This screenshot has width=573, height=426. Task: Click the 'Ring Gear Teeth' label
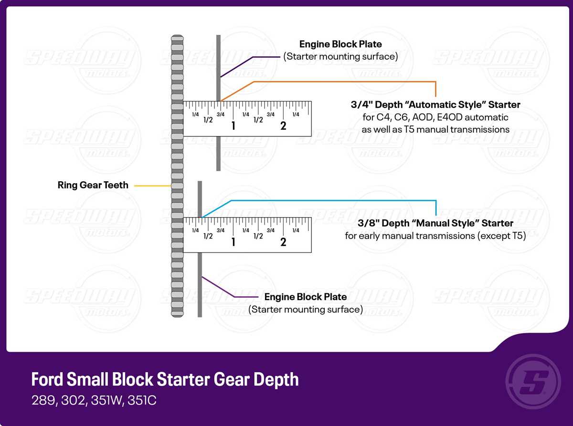tap(93, 185)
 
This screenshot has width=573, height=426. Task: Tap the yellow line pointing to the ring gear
tap(153, 186)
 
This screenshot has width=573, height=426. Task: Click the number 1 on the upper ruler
tap(233, 126)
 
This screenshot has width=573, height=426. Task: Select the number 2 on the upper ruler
tap(283, 126)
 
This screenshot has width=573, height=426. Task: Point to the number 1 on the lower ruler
tap(233, 242)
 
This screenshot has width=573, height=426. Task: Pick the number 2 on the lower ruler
tap(283, 242)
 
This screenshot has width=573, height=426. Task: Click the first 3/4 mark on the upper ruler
tap(221, 114)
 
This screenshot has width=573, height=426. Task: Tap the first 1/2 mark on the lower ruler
tap(208, 236)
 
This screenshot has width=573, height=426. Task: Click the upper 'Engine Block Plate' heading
tap(340, 44)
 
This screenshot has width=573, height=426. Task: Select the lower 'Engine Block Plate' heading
tap(305, 297)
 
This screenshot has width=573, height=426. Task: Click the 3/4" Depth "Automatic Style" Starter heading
tap(435, 104)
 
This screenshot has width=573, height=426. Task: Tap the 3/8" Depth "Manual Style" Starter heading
tap(435, 223)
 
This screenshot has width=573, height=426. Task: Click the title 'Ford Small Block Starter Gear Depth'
tap(165, 379)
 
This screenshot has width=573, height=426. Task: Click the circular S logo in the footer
tap(533, 382)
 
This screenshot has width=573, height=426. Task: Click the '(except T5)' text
tap(501, 236)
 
